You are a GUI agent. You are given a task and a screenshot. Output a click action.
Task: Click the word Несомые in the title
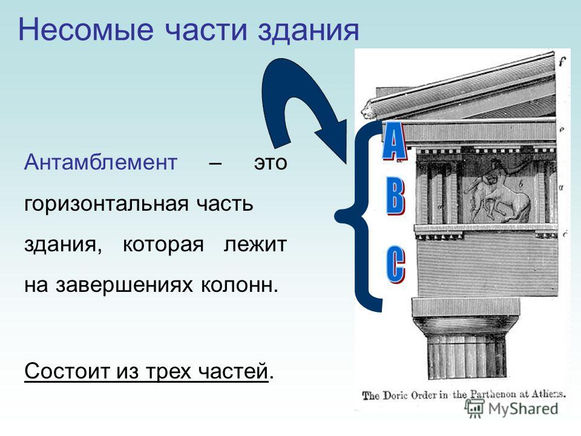click(x=85, y=30)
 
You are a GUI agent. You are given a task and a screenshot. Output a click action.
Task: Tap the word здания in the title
click(x=308, y=30)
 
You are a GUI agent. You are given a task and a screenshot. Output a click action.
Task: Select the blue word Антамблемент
click(x=101, y=162)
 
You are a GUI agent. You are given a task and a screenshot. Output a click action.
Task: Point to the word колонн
click(x=240, y=285)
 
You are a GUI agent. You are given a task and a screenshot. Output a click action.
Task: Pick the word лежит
click(x=255, y=245)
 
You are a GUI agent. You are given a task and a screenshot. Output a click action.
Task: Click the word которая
click(x=163, y=245)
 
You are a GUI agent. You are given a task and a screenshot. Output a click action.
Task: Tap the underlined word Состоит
click(x=67, y=371)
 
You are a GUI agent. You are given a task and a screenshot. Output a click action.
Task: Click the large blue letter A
click(x=394, y=142)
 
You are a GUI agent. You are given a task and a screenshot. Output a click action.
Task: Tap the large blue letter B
click(x=396, y=196)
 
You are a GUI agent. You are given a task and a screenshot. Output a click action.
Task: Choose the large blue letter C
click(x=396, y=265)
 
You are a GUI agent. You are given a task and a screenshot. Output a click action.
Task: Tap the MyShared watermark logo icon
click(x=475, y=409)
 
